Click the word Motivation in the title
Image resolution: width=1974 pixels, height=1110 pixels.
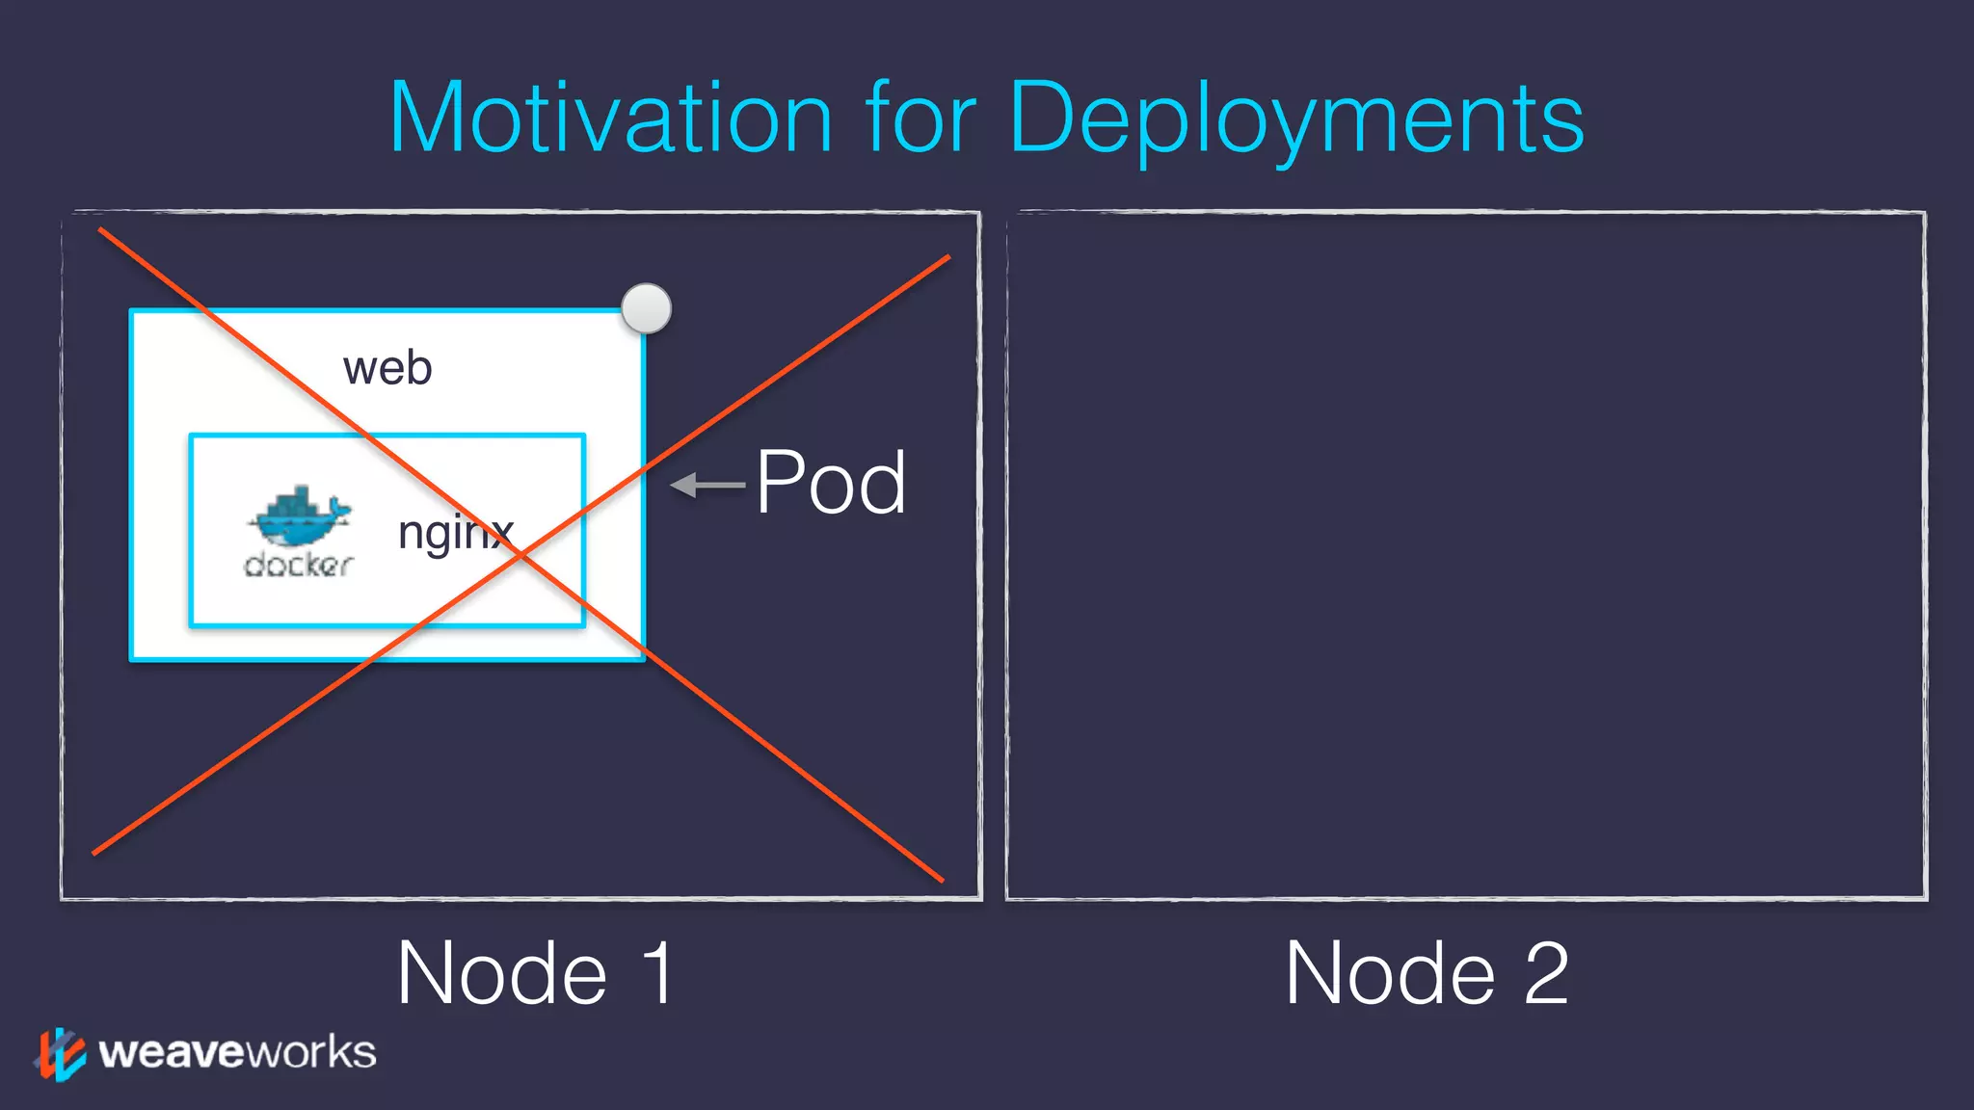tap(610, 119)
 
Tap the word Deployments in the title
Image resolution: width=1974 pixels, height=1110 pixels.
tap(1296, 120)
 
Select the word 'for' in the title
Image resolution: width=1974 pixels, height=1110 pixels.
tap(921, 119)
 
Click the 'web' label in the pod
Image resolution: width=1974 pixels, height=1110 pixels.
tap(387, 368)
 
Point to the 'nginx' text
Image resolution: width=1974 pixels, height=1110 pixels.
tap(456, 533)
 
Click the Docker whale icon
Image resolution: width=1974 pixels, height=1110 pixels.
tap(300, 516)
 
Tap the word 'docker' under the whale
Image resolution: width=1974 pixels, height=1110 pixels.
tap(299, 565)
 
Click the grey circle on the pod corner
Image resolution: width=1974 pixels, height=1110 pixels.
tap(646, 308)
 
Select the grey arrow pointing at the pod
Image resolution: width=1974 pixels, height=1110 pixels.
tap(707, 485)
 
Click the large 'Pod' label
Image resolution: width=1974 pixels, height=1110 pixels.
tap(830, 483)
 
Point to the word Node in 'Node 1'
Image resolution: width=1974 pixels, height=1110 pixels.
tap(502, 973)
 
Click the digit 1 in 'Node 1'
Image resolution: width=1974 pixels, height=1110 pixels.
tap(658, 973)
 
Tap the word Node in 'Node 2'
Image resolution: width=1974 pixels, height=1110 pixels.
tap(1390, 973)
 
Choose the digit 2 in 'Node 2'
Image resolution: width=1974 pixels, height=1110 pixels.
tap(1546, 973)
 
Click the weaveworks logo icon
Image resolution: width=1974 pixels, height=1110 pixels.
tap(61, 1054)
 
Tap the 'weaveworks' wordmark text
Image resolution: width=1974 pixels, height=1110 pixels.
tap(237, 1052)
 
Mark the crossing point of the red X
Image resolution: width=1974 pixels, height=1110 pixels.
tap(520, 554)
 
